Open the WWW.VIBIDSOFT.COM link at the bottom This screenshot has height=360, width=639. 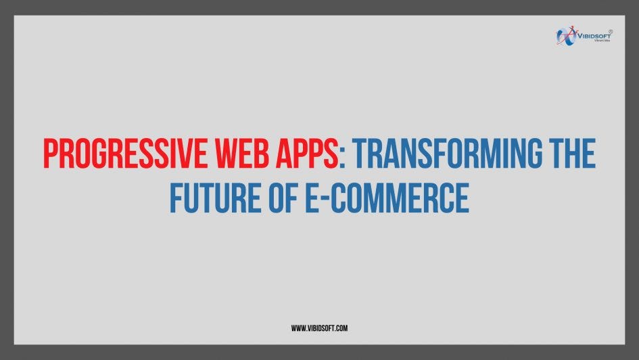[319, 328]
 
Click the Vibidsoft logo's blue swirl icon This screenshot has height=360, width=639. [566, 35]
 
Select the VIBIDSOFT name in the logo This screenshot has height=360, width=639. [593, 35]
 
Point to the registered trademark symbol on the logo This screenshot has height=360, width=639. [611, 30]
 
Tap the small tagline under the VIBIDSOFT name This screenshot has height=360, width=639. [602, 41]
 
